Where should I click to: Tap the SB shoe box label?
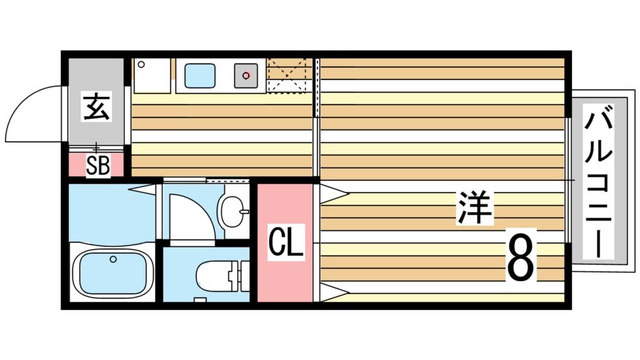97,166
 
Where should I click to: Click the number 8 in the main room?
521,256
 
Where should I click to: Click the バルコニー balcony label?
600,181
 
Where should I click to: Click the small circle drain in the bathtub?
113,259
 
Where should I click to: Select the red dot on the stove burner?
246,76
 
